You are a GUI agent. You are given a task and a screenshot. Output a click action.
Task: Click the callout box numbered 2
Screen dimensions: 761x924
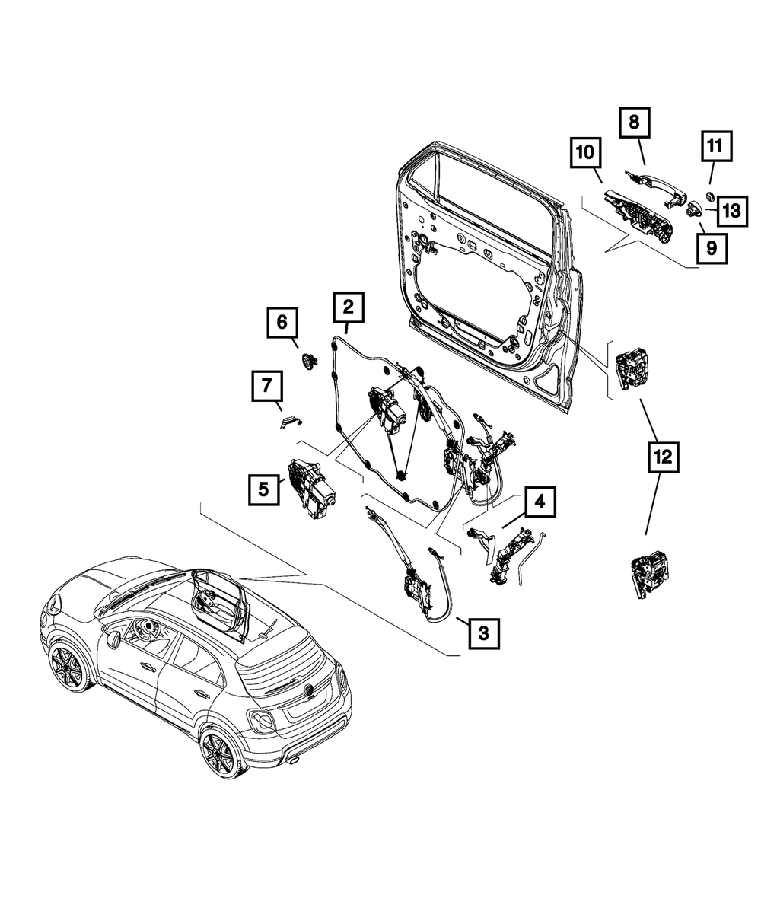coord(348,307)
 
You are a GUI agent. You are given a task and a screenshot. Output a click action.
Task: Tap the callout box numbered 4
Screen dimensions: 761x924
coord(539,502)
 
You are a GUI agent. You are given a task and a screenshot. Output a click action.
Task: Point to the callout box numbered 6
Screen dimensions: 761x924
coord(282,323)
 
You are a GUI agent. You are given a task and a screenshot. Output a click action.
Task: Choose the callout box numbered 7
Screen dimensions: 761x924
coord(267,387)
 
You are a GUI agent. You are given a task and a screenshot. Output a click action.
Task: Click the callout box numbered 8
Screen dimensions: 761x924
coord(634,121)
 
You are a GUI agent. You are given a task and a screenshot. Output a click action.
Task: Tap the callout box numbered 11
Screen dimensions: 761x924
coord(716,145)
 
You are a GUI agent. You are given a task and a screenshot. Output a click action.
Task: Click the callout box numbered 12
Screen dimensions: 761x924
coord(661,457)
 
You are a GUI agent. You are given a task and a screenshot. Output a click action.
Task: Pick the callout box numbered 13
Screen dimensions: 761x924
coord(730,211)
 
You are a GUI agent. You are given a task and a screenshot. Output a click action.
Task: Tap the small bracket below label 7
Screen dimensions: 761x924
coord(288,421)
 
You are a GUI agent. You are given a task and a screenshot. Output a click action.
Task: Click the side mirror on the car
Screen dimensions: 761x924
coord(114,638)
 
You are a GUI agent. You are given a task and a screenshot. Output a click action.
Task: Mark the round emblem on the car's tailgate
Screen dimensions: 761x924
coord(310,690)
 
